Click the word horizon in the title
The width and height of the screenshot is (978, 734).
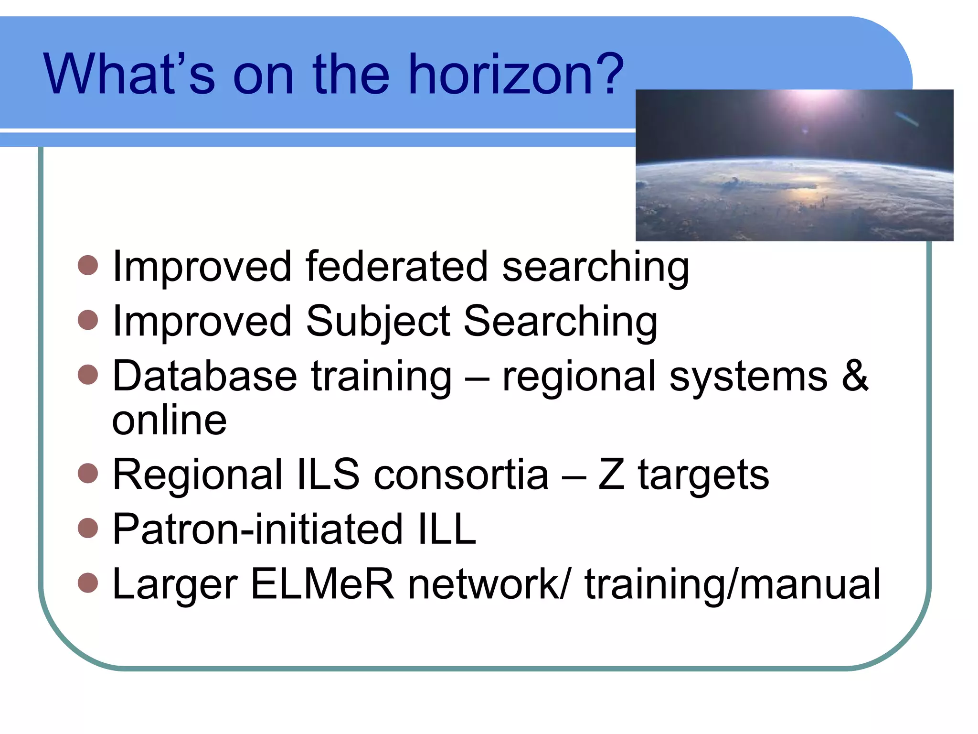pyautogui.click(x=496, y=75)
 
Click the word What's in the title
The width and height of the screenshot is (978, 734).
pyautogui.click(x=129, y=75)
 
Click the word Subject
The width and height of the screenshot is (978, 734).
pyautogui.click(x=378, y=322)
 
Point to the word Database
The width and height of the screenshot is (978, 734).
pyautogui.click(x=205, y=377)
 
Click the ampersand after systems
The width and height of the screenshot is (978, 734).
pyautogui.click(x=854, y=376)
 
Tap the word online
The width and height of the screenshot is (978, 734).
pyautogui.click(x=169, y=421)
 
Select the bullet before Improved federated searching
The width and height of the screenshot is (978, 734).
pyautogui.click(x=88, y=265)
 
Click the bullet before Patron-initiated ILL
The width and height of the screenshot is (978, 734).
pyautogui.click(x=88, y=528)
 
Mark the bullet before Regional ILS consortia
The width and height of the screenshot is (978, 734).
pyautogui.click(x=88, y=473)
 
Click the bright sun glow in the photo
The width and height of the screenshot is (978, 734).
pyautogui.click(x=807, y=103)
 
